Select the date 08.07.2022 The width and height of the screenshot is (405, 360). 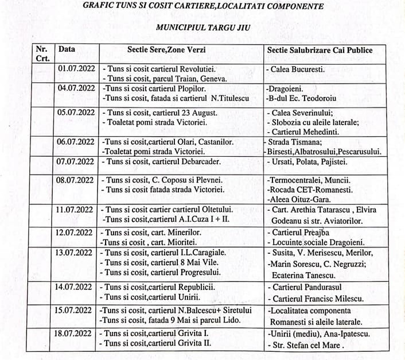pyautogui.click(x=77, y=180)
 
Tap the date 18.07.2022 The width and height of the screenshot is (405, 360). pyautogui.click(x=77, y=333)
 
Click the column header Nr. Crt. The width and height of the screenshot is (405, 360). pyautogui.click(x=42, y=53)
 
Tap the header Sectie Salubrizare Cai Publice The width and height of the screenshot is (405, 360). pyautogui.click(x=320, y=50)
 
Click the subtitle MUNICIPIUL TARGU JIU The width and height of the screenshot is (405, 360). pyautogui.click(x=204, y=27)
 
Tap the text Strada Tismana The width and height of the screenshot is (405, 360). pyautogui.click(x=293, y=142)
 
